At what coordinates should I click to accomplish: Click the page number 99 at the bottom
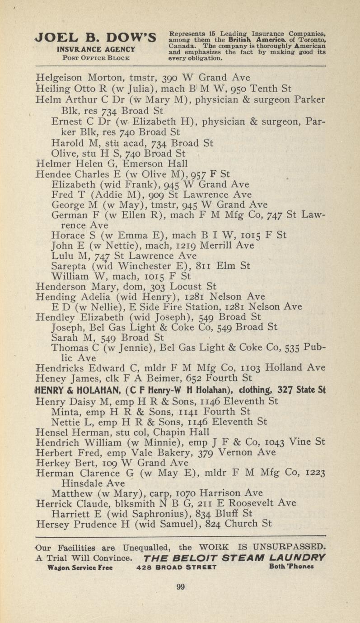(x=180, y=587)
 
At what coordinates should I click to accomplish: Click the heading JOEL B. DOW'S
(x=96, y=37)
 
